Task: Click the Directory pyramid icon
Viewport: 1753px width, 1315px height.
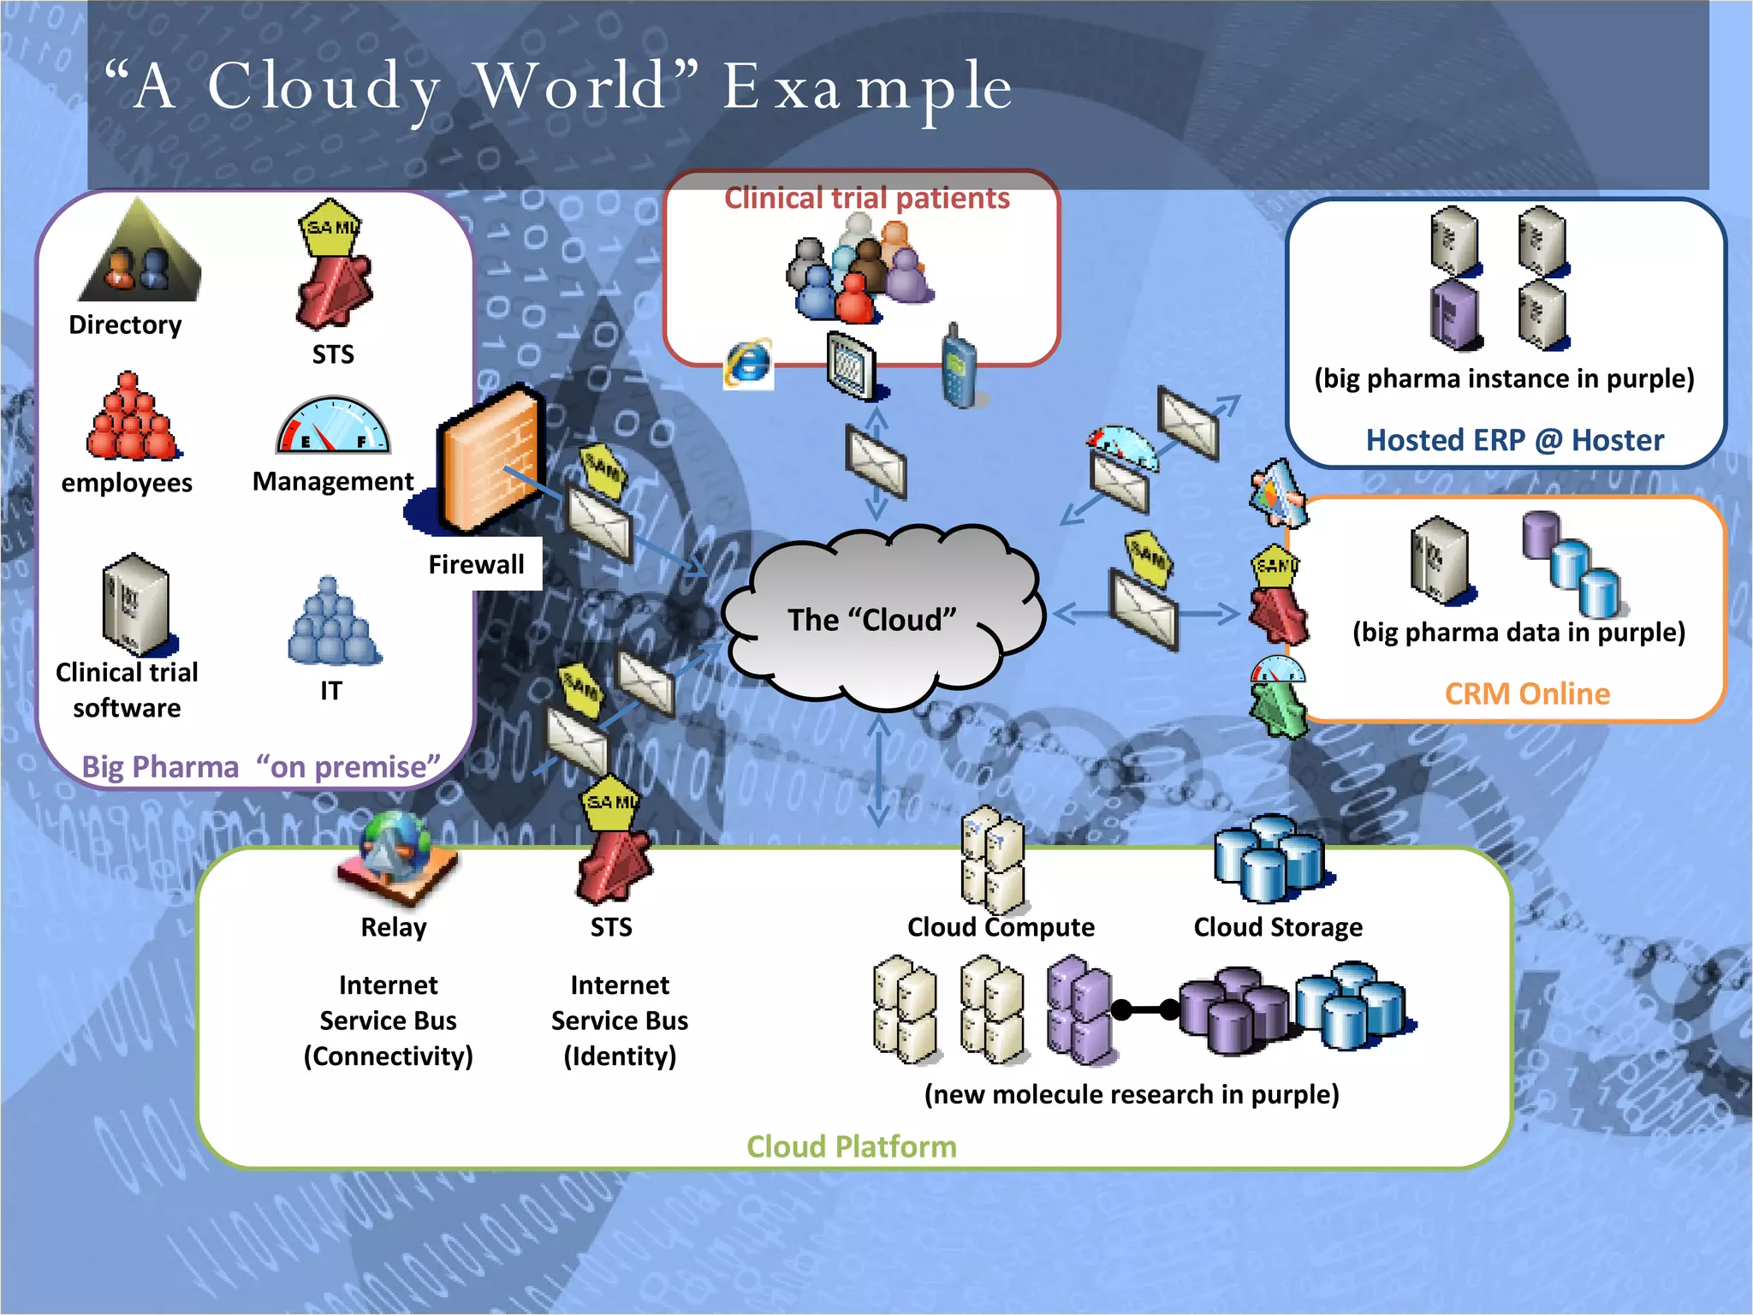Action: [x=140, y=253]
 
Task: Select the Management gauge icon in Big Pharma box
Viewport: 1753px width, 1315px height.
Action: [x=333, y=426]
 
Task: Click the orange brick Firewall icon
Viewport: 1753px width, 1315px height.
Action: [x=489, y=459]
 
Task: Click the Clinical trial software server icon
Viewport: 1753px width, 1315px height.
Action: [x=134, y=604]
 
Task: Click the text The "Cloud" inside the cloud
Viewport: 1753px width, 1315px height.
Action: [x=871, y=620]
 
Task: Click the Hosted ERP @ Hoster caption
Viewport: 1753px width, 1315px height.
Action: [x=1514, y=440]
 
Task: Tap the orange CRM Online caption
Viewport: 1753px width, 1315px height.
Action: [x=1527, y=693]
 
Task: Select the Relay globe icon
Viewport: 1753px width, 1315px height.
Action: [x=395, y=856]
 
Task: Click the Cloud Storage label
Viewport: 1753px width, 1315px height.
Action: [x=1277, y=927]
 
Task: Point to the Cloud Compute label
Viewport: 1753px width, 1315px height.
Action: [x=1000, y=927]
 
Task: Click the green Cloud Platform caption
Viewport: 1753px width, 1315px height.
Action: [x=851, y=1146]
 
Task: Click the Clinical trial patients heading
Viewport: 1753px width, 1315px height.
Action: [x=866, y=199]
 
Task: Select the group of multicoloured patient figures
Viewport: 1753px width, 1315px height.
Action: [x=859, y=270]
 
